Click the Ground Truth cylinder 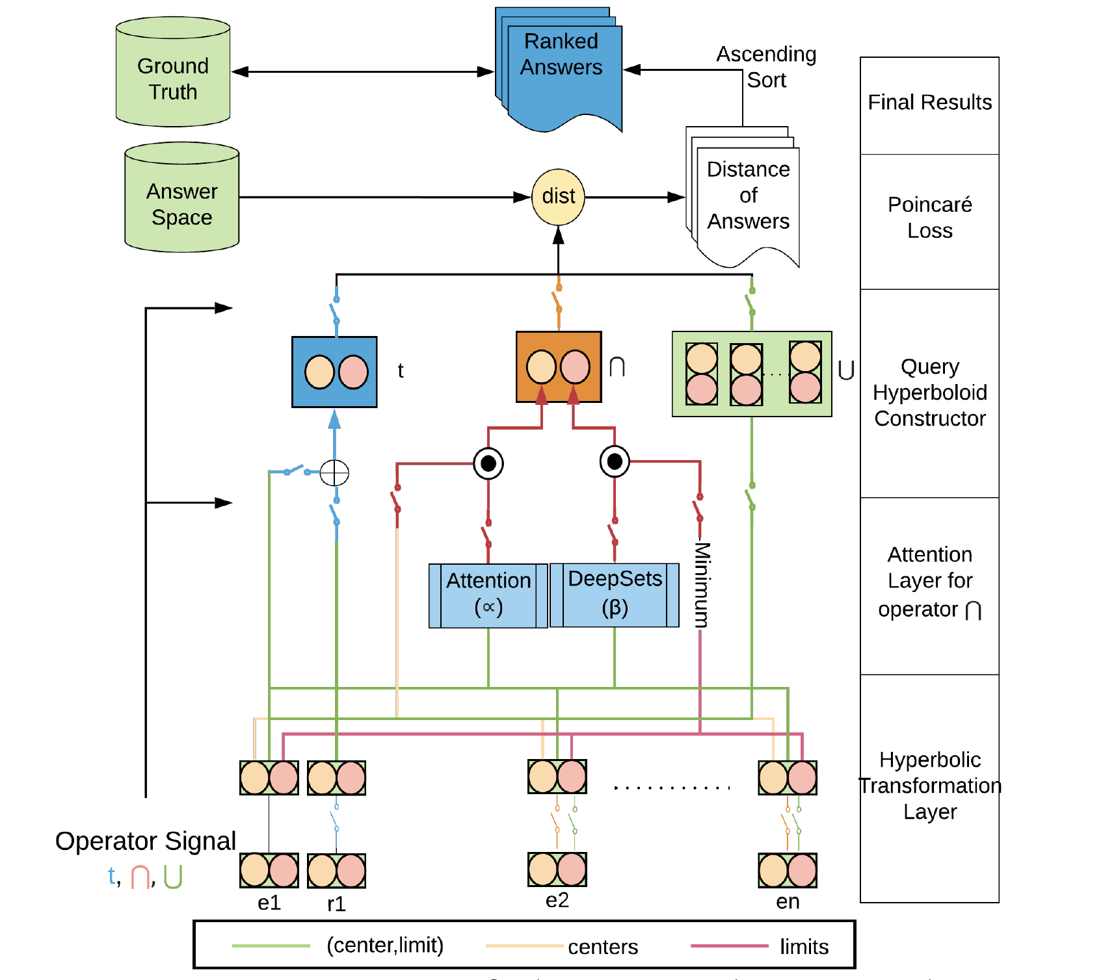173,73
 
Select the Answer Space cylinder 182,198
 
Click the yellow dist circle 558,197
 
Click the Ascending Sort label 766,67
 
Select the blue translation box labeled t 335,372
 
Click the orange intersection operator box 558,367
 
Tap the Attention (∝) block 488,595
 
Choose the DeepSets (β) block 615,595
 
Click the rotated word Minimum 702,585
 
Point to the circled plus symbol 335,472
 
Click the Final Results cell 929,103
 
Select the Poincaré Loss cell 929,218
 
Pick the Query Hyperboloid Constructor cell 929,393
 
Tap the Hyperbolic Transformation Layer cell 929,786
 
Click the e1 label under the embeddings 269,903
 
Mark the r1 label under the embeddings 336,904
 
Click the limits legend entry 804,947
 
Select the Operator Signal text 145,841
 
